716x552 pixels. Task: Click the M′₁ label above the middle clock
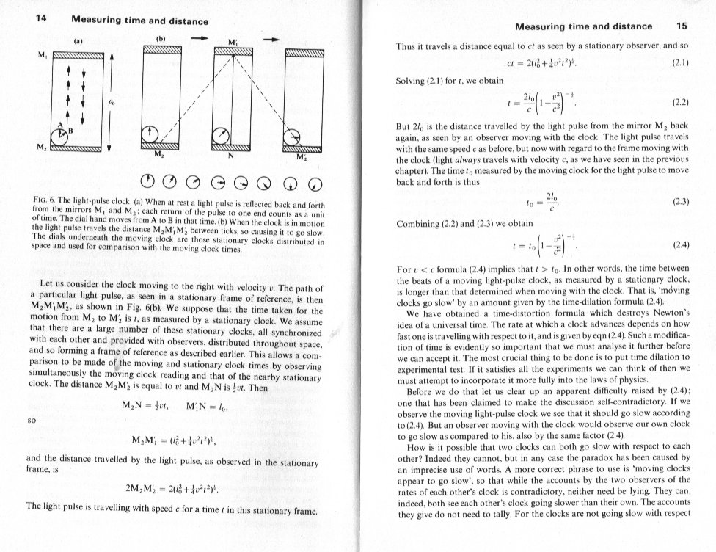pyautogui.click(x=233, y=42)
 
